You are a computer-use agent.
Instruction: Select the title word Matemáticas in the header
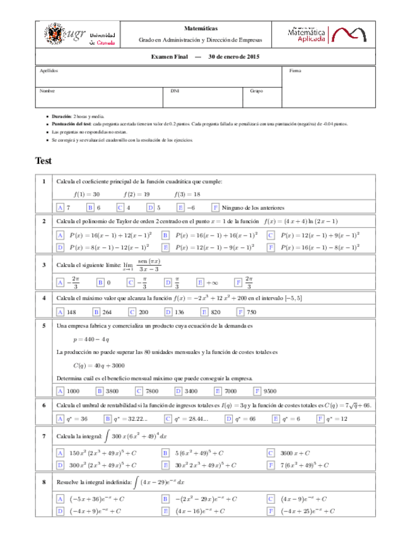coord(201,28)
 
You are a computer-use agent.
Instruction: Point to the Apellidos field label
coord(49,71)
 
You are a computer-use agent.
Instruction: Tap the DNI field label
coord(175,91)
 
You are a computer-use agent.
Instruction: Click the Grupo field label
coord(256,91)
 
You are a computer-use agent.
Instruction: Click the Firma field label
coord(295,71)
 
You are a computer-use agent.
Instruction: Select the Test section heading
coord(44,161)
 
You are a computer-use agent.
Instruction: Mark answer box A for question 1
coord(60,207)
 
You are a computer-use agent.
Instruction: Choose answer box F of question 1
coord(216,207)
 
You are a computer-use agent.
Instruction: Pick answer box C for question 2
coord(270,235)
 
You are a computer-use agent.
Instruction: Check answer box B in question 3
coord(100,283)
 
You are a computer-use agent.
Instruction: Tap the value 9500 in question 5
coord(270,390)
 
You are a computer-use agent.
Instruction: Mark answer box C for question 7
coord(270,452)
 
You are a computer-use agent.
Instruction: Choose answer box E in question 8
coord(165,511)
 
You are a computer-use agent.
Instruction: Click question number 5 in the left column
coord(44,326)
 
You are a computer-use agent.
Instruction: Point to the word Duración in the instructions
coord(62,117)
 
